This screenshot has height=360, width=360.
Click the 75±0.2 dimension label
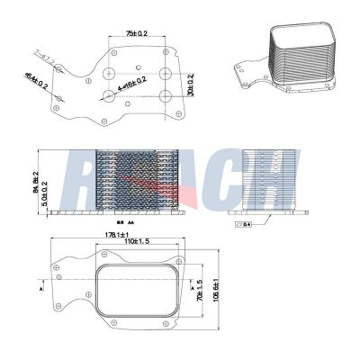[x=137, y=32]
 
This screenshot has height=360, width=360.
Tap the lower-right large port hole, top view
[x=165, y=96]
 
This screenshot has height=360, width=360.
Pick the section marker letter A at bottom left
[x=43, y=291]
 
